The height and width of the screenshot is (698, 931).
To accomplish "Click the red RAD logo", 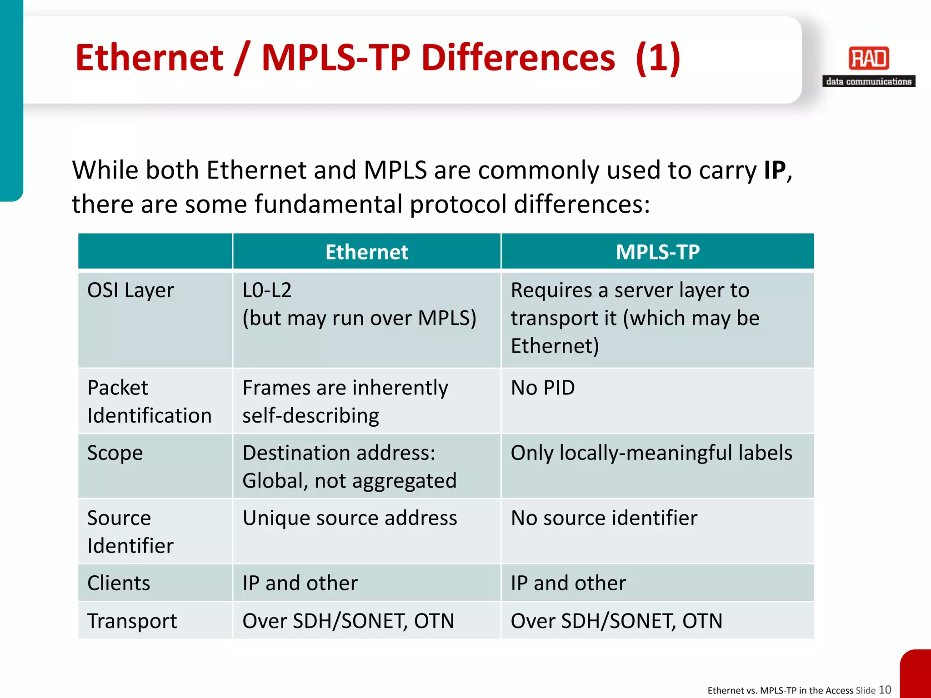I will pyautogui.click(x=868, y=58).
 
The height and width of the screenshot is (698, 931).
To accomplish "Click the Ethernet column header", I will pyautogui.click(x=366, y=252).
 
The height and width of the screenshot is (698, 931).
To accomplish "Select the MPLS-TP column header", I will pyautogui.click(x=657, y=252).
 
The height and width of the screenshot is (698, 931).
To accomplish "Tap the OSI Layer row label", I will pyautogui.click(x=130, y=290).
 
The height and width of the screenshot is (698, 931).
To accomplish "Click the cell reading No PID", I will pyautogui.click(x=543, y=388).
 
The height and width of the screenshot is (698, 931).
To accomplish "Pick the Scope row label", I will pyautogui.click(x=115, y=453).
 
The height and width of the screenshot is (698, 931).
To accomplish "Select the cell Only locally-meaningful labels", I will pyautogui.click(x=651, y=453).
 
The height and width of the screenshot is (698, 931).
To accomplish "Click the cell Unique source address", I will pyautogui.click(x=350, y=518).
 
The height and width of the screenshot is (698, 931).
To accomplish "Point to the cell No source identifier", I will pyautogui.click(x=604, y=518).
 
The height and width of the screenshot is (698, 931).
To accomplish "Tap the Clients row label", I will pyautogui.click(x=119, y=583).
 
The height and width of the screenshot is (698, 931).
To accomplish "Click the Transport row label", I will pyautogui.click(x=132, y=621).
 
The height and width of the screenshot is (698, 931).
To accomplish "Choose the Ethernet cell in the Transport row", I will pyautogui.click(x=348, y=621).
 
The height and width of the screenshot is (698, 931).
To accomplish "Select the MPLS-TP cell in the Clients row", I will pyautogui.click(x=568, y=583).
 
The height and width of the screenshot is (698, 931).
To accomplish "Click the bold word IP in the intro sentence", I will pyautogui.click(x=775, y=170).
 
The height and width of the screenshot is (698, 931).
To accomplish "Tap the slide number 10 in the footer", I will pyautogui.click(x=885, y=689).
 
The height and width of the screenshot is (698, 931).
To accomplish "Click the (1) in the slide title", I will pyautogui.click(x=657, y=58).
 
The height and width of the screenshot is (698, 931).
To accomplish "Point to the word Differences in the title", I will pyautogui.click(x=518, y=58).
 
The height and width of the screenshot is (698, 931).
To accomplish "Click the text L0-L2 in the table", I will pyautogui.click(x=267, y=290).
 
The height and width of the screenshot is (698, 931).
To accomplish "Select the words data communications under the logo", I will pyautogui.click(x=868, y=81).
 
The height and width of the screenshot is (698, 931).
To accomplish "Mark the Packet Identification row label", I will pyautogui.click(x=149, y=402).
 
